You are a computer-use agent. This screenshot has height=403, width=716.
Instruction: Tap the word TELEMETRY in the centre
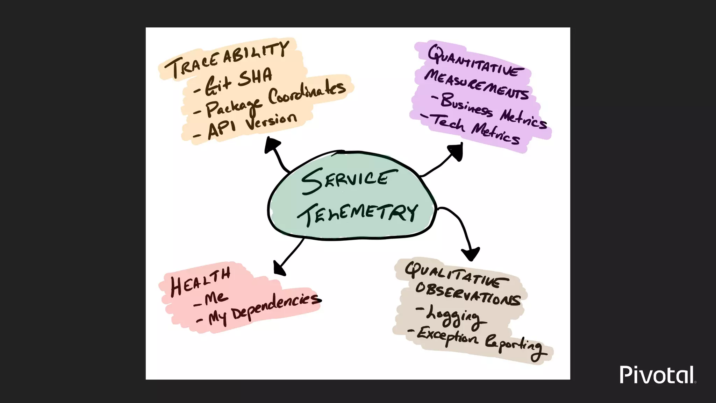point(357,213)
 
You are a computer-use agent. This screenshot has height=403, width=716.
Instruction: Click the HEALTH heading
point(200,281)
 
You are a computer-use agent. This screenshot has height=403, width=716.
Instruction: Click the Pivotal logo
point(657,375)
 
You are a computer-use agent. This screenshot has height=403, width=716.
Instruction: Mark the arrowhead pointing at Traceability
point(272,144)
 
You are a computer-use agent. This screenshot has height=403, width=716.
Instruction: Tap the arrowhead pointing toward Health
point(279,268)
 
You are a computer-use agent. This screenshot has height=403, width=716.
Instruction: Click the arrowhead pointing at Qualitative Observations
point(471,253)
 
